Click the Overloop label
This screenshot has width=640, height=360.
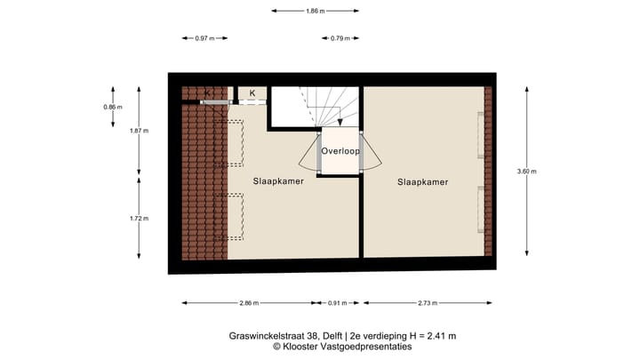tap(340, 152)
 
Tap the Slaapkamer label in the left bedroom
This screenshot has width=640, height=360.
tap(278, 180)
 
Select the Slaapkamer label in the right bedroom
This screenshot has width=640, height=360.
tap(422, 181)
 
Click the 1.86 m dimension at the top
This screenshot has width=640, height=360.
tap(316, 11)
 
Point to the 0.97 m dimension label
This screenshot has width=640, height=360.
tap(204, 38)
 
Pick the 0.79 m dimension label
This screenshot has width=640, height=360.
tap(340, 38)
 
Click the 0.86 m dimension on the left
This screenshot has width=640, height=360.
tap(113, 107)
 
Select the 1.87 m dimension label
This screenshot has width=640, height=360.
tap(140, 130)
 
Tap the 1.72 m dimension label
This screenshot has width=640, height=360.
tap(140, 218)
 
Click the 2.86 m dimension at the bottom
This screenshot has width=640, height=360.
tap(250, 303)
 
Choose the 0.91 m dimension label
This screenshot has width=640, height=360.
tap(339, 303)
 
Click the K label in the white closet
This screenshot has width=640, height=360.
tap(252, 93)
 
